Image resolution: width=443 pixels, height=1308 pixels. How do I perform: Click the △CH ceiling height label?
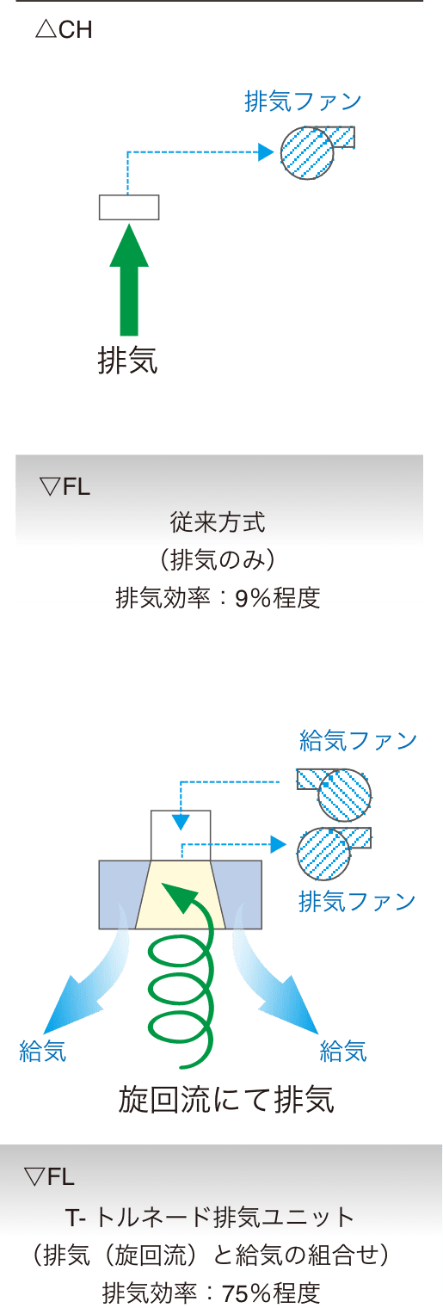(64, 29)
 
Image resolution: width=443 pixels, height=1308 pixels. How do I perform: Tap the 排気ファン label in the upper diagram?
(303, 102)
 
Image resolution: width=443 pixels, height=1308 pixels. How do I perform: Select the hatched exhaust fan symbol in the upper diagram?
(317, 151)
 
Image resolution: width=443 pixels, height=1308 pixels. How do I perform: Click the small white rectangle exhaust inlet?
(129, 207)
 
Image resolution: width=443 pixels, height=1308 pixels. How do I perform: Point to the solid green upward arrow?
(129, 281)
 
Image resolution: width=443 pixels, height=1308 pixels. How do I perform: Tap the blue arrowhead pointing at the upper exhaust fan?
(266, 152)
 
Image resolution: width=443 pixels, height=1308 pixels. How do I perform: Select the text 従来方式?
(218, 522)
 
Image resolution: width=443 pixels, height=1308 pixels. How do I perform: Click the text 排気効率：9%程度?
(218, 597)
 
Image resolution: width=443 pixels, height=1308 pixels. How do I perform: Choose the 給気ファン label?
(358, 740)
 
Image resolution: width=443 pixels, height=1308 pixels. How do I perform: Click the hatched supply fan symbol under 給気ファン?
(335, 795)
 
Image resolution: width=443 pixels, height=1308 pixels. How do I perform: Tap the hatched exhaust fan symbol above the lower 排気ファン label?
(334, 854)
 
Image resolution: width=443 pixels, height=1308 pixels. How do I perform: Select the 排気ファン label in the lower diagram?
(357, 901)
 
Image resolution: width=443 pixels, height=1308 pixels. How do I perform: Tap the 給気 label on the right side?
(343, 1051)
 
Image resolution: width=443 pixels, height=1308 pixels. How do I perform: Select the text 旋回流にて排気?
(226, 1100)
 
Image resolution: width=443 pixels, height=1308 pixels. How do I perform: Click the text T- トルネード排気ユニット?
(210, 1218)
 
